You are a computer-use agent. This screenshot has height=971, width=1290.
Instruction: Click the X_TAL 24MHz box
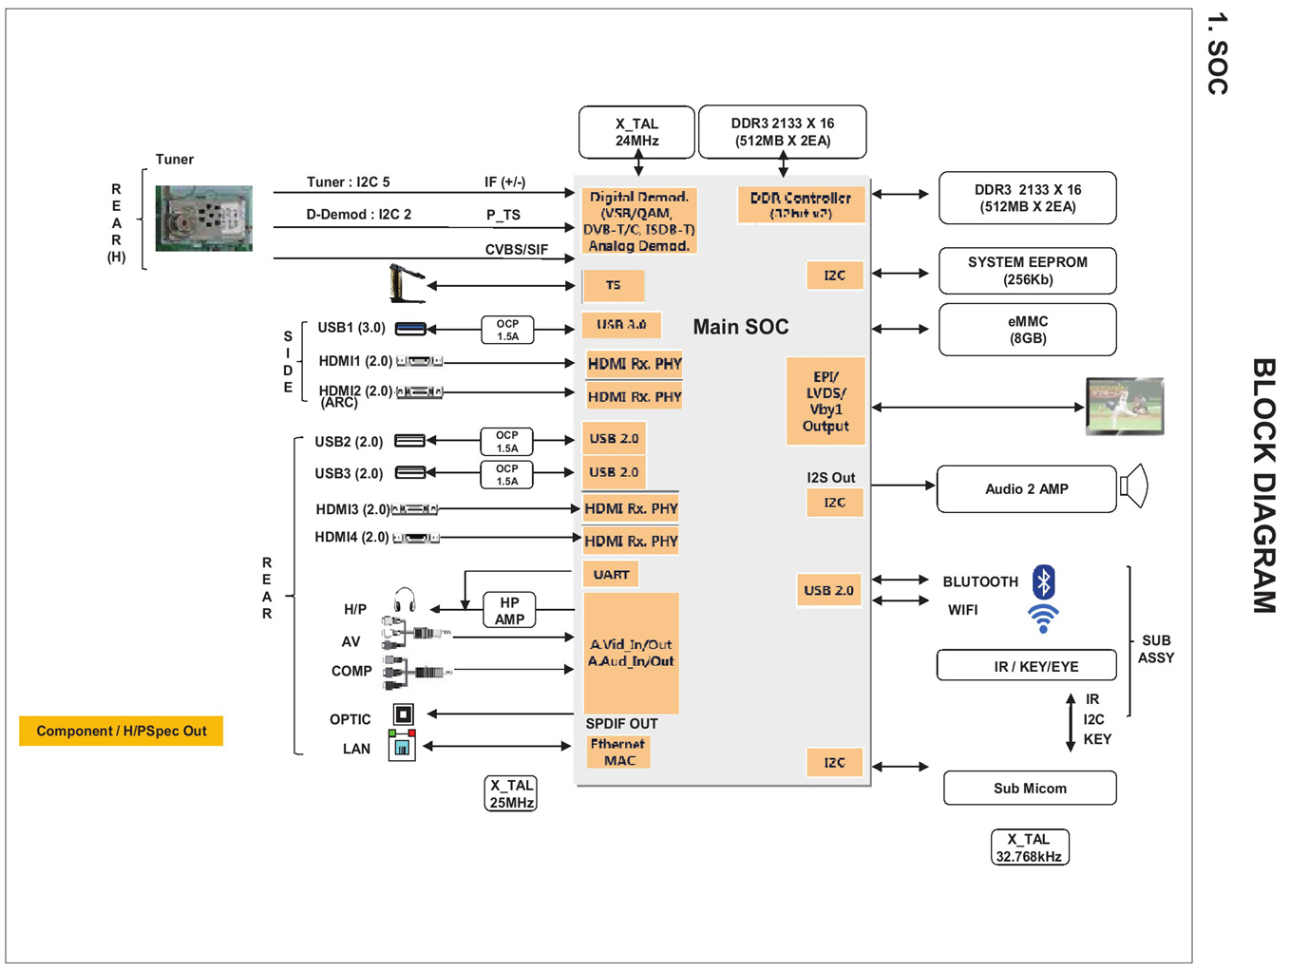[x=636, y=132]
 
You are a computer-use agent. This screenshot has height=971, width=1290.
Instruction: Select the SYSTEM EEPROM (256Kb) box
[x=1027, y=271]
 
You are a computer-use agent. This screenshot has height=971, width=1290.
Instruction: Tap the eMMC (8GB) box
[x=1027, y=330]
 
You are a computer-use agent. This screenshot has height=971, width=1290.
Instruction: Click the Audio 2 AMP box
[x=1026, y=489]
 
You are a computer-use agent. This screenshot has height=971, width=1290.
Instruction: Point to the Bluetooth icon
[x=1043, y=581]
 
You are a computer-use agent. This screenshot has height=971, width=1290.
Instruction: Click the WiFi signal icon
[x=1043, y=619]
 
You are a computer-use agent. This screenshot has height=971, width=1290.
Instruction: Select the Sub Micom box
[x=1030, y=789]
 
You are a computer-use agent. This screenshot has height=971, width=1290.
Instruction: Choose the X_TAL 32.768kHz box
[x=1030, y=847]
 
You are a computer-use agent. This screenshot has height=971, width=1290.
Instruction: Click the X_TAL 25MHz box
[x=511, y=793]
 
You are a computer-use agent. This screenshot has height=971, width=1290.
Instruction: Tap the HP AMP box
[x=509, y=610]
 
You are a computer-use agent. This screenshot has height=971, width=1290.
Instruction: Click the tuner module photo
[x=204, y=219]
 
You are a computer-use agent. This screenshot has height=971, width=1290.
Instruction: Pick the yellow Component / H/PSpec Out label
[x=121, y=731]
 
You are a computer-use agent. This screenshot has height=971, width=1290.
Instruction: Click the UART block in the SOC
[x=611, y=575]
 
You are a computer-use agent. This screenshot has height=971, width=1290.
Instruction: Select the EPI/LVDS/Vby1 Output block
[x=825, y=401]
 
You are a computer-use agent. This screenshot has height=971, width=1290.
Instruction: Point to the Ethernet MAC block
[x=618, y=752]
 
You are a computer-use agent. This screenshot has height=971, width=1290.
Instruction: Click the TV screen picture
[x=1125, y=406]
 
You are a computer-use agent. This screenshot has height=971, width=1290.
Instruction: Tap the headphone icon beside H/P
[x=405, y=600]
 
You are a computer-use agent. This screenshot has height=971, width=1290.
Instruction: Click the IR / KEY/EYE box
[x=1026, y=666]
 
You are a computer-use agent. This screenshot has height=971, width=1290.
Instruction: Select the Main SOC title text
[x=741, y=327]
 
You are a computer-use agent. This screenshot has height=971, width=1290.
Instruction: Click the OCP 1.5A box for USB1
[x=507, y=330]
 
